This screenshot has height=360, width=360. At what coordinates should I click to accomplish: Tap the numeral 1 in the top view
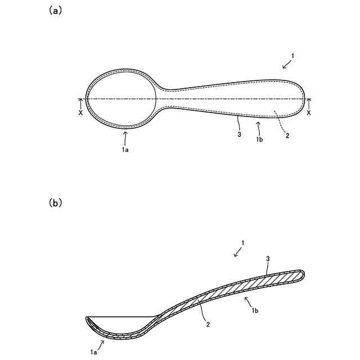[x=292, y=56]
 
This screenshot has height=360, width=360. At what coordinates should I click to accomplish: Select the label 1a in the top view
[x=125, y=150]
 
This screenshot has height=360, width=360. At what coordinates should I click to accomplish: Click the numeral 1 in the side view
[x=242, y=243]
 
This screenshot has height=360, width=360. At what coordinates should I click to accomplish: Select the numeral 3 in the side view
[x=268, y=259]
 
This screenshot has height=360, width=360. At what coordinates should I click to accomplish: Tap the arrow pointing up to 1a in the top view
[x=125, y=136]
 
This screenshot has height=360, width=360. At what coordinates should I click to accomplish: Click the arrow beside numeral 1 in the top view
[x=286, y=65]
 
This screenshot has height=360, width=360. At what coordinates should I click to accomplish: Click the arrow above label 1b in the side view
[x=247, y=302]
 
